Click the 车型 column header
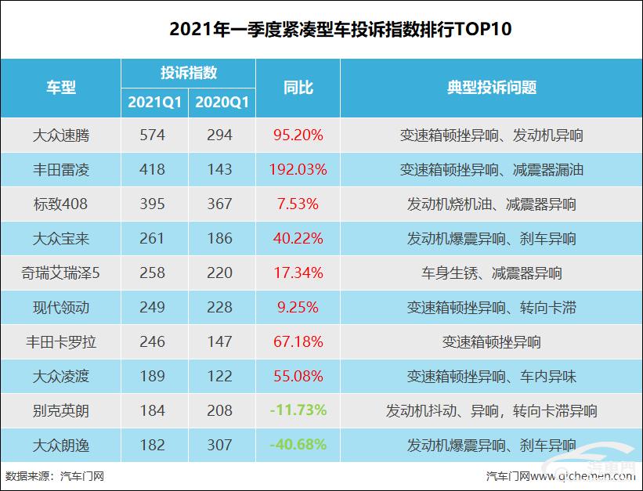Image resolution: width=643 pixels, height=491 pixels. click(61, 87)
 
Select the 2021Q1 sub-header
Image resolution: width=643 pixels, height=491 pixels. click(155, 102)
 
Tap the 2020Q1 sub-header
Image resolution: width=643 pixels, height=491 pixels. click(222, 102)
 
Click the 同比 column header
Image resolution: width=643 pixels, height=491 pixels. click(298, 87)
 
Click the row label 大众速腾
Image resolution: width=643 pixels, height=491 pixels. click(61, 135)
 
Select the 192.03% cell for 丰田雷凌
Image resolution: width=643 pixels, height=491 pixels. click(298, 169)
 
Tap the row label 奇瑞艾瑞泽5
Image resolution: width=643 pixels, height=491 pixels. click(61, 273)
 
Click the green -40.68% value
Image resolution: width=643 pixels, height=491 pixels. click(298, 445)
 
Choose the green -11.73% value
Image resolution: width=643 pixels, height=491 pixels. click(298, 410)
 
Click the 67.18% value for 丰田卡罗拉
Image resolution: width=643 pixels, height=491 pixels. click(298, 341)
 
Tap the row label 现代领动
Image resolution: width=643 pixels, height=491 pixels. click(61, 307)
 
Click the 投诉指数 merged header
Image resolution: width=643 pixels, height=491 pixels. click(188, 73)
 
